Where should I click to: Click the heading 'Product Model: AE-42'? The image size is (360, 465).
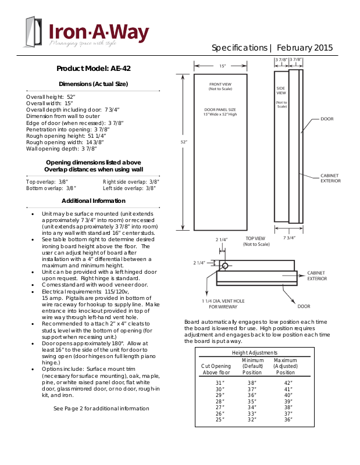click(x=93, y=69)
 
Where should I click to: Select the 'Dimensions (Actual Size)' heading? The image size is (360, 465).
click(x=93, y=84)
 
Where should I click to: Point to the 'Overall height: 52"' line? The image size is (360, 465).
click(x=51, y=96)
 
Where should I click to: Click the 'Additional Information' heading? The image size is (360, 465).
click(x=93, y=201)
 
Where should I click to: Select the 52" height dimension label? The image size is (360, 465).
click(x=184, y=141)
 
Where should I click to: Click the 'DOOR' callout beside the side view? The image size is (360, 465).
click(x=327, y=119)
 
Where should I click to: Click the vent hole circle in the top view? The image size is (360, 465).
click(x=225, y=266)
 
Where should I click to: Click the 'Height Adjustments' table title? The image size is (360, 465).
click(x=254, y=352)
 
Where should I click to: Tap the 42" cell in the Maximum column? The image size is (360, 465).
click(x=288, y=382)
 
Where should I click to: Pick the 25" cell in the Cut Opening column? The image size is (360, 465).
click(x=219, y=419)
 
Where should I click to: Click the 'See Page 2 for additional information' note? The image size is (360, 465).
click(x=101, y=409)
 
